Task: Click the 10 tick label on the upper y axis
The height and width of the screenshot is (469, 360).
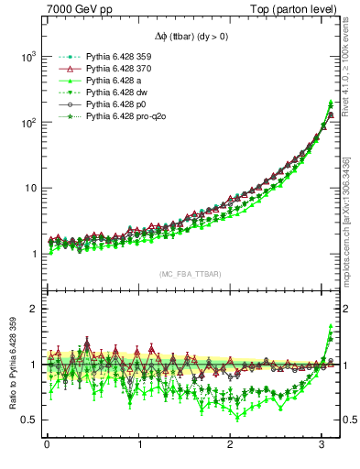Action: pos(29,188)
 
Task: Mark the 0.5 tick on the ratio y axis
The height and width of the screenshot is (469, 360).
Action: pos(27,420)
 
